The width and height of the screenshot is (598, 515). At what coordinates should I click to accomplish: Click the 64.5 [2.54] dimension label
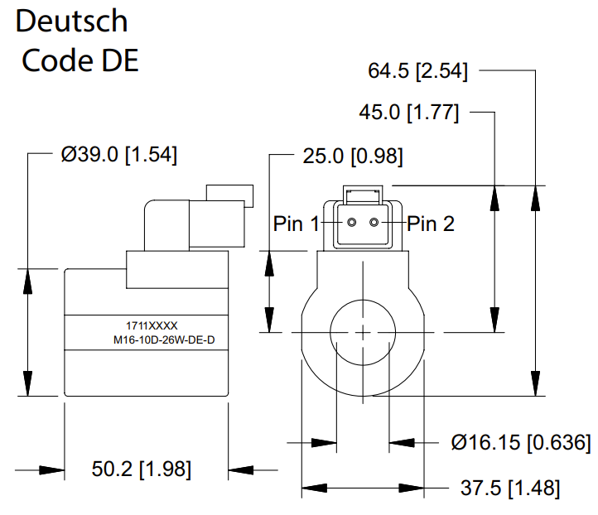pos(418,71)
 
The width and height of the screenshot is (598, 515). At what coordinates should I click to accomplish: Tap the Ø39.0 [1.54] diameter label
pos(119,154)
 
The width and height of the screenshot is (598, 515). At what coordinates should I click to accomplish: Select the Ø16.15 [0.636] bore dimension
pos(521,443)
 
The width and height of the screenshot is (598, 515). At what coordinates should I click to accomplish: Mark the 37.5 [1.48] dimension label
pos(510,487)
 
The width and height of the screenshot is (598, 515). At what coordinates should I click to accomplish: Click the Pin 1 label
pos(297,224)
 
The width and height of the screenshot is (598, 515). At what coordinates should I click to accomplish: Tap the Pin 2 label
pos(431,224)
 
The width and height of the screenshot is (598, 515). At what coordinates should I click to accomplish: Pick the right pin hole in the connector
pos(374,223)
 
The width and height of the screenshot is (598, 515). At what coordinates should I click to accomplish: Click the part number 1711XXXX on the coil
pos(147,326)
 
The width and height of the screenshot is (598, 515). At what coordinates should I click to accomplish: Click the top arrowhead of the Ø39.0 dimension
pos(28,278)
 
